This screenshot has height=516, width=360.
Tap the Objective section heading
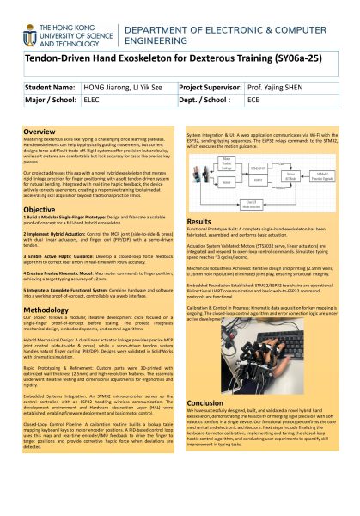(40, 209)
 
